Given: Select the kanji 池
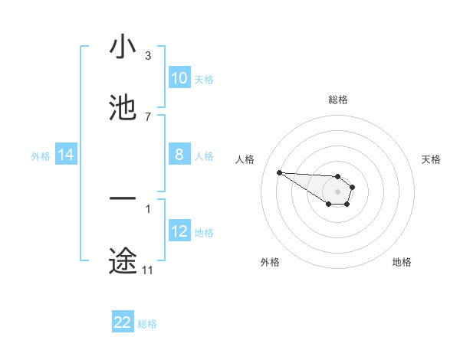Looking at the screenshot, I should [x=123, y=108].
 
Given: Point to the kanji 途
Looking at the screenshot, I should [x=123, y=260].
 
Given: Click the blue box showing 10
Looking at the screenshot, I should [x=179, y=78].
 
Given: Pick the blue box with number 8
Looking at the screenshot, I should [x=179, y=155].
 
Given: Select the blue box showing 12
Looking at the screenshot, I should [x=179, y=231].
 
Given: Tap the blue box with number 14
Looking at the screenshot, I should [x=66, y=155].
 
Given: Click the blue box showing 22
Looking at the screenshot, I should [x=123, y=322].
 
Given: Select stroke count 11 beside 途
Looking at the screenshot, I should [x=147, y=270].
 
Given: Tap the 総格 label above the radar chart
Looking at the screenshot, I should [x=337, y=100].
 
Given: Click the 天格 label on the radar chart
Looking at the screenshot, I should [x=431, y=159].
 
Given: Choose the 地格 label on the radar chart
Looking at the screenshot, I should [x=402, y=262].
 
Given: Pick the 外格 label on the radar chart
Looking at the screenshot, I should [x=270, y=262].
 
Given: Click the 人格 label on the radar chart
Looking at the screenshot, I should [x=245, y=159].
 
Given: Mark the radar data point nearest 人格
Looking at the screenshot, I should [x=279, y=172].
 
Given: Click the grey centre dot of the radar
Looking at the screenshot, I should [x=337, y=191].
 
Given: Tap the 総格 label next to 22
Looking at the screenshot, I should [x=147, y=324].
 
